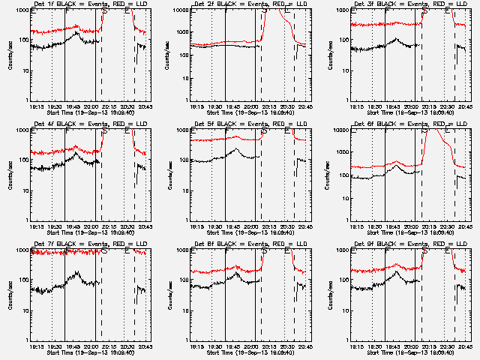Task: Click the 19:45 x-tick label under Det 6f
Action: coord(392,226)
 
